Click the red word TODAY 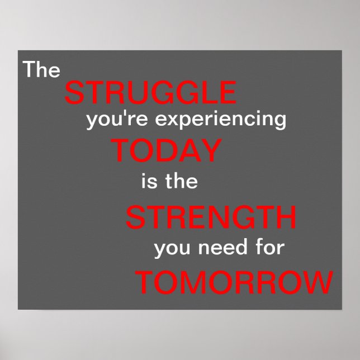tap(165, 151)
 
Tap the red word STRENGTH tap(211, 217)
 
